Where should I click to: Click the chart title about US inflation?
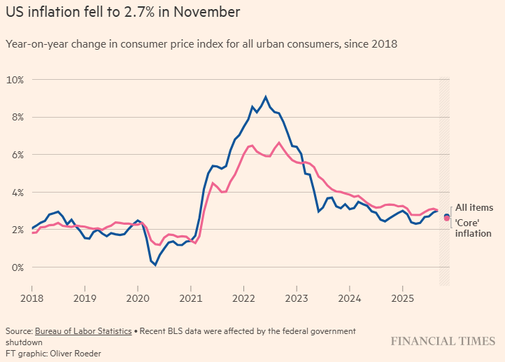[122, 12]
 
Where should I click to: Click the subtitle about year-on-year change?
[201, 44]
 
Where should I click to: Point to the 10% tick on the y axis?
[15, 80]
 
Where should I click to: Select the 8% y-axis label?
[17, 117]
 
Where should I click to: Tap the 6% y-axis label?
[17, 155]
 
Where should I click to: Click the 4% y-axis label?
[17, 193]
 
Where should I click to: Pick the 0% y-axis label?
[17, 267]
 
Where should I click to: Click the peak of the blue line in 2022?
[265, 97]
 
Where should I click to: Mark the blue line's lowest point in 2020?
[155, 265]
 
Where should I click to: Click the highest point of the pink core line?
[278, 143]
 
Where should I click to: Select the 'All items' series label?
[474, 207]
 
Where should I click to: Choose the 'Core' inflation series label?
[474, 228]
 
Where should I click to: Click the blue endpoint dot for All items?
[446, 216]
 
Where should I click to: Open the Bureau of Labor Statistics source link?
[83, 330]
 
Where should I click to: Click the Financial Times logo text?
[442, 342]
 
